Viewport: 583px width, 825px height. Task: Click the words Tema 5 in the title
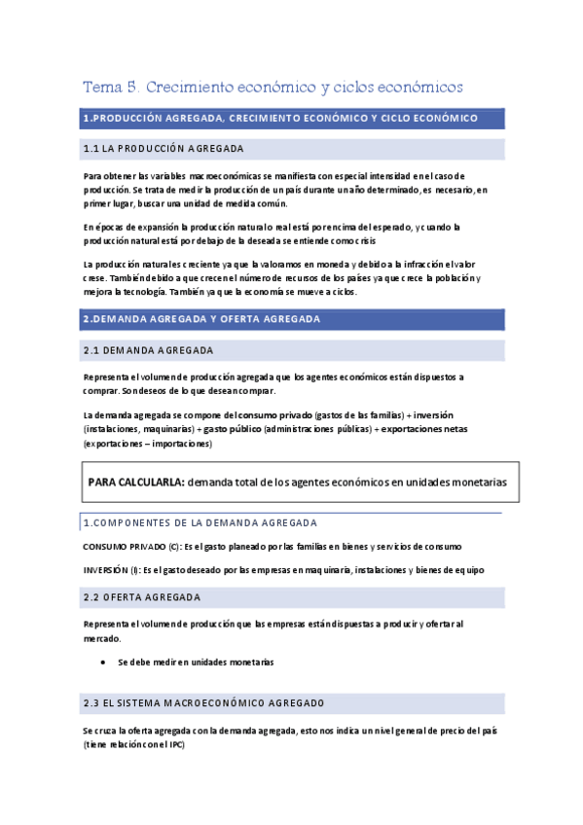click(107, 88)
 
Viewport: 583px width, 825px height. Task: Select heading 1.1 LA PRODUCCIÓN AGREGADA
click(164, 149)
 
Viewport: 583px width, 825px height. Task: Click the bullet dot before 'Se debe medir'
click(104, 662)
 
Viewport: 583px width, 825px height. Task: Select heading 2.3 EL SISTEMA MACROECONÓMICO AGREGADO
click(203, 702)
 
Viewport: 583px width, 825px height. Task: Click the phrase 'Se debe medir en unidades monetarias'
click(196, 662)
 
